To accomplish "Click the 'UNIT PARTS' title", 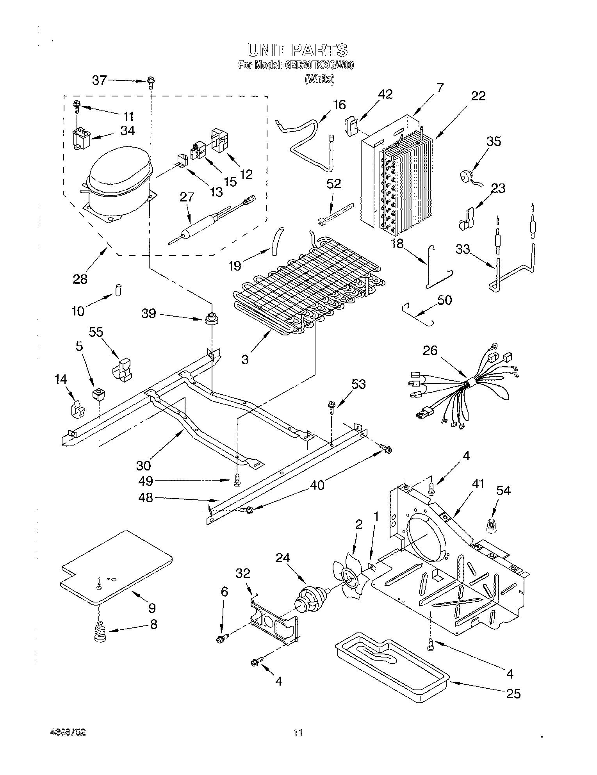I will pos(297,50).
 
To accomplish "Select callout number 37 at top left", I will pos(99,80).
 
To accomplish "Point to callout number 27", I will pos(187,197).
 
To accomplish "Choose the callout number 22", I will pos(478,96).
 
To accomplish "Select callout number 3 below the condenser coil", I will pos(245,359).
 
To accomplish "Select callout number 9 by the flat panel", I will pos(152,608).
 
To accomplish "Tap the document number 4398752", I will pos(69,732).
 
